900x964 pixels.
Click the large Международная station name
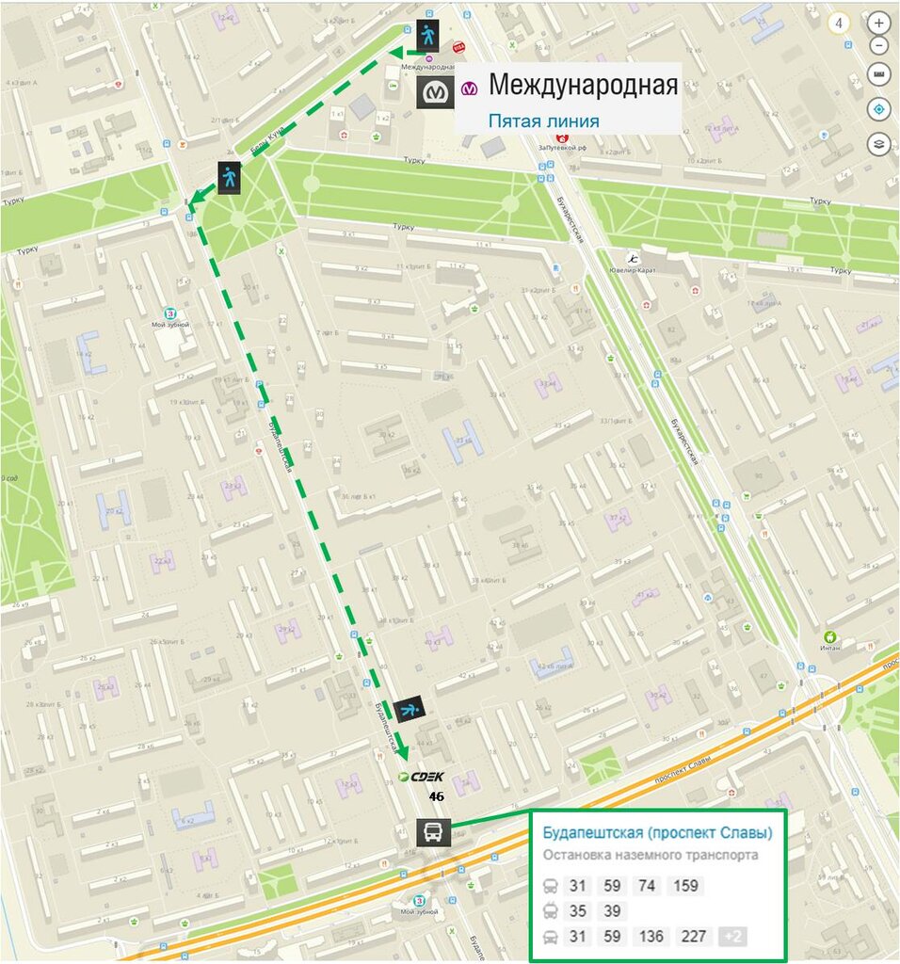583,86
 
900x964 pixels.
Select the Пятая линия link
543,120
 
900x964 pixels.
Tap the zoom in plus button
878,22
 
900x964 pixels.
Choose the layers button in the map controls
878,144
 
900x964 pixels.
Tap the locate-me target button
878,109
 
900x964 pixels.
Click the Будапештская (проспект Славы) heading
657,832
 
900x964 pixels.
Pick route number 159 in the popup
685,885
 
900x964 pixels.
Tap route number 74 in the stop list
646,885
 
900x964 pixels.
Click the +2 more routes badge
734,936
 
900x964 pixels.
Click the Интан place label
829,647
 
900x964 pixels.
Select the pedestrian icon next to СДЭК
410,709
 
